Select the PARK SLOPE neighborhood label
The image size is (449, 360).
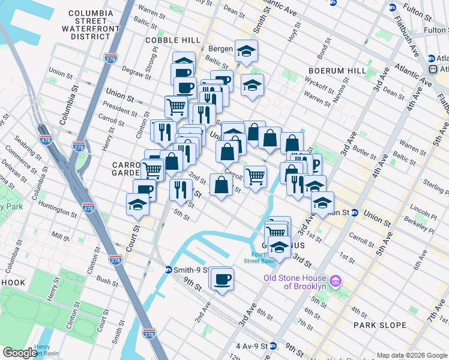click(380, 325)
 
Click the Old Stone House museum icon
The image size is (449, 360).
click(336, 281)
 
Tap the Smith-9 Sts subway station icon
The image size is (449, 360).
click(169, 270)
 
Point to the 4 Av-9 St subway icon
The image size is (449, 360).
click(273, 346)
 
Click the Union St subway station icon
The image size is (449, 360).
click(355, 212)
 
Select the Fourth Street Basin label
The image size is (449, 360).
click(259, 257)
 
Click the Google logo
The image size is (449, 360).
click(20, 352)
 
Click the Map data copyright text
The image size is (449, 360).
click(412, 355)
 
